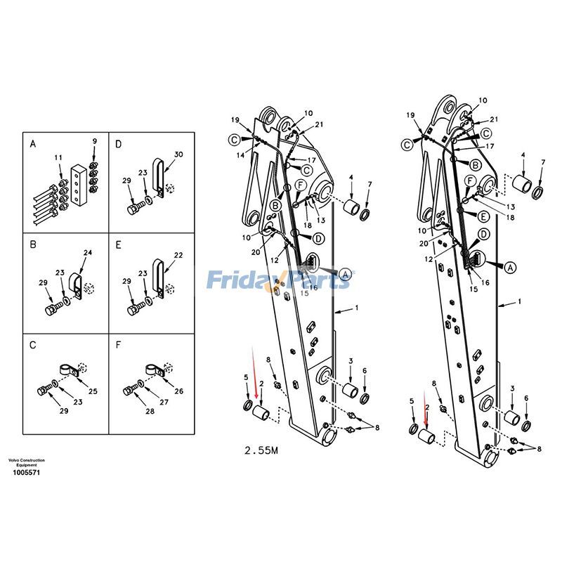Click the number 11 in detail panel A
[58, 157]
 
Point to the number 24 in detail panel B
[88, 253]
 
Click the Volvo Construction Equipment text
[26, 463]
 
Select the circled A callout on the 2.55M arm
[345, 273]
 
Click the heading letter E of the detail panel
[119, 244]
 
